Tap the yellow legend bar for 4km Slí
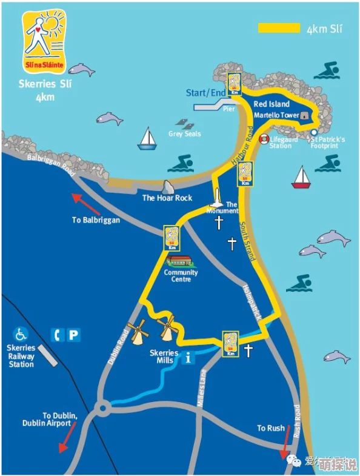coord(279,28)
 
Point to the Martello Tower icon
coord(304,115)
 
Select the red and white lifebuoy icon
coord(264,139)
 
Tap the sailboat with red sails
coord(301,176)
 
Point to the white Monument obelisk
coord(216,197)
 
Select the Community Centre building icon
coord(181,261)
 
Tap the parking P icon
coord(74,334)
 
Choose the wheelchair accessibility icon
coord(22,334)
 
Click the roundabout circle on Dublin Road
coord(103,407)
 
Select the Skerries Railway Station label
coord(21,356)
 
